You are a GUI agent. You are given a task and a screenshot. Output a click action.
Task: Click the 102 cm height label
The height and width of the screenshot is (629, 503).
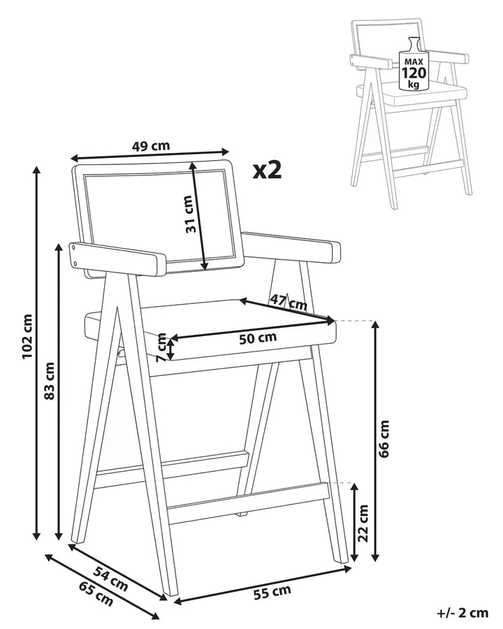tap(27, 337)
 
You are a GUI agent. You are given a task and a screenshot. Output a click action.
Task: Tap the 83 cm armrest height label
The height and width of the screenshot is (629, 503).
tap(49, 381)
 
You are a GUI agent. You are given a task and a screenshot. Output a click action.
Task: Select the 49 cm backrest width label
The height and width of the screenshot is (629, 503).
tap(151, 145)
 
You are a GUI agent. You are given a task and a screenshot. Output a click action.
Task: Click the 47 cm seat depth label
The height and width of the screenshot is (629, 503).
tap(289, 302)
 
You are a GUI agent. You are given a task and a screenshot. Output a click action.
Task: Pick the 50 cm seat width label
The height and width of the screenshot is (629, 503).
tap(258, 338)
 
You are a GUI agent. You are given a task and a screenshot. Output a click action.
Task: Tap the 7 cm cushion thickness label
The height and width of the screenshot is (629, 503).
tap(161, 347)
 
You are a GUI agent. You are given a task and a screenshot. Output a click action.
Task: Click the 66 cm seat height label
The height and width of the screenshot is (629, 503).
tap(384, 439)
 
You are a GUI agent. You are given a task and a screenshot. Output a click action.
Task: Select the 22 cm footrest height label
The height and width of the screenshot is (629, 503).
tap(363, 523)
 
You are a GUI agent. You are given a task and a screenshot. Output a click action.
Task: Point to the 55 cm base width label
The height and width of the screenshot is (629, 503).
tap(272, 592)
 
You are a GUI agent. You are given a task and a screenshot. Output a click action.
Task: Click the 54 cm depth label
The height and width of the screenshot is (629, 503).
tap(111, 579)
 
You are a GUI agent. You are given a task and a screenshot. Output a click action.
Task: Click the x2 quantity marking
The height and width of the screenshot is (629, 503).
tap(267, 170)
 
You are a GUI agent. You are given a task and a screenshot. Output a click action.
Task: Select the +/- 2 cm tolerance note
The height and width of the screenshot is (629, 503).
tap(462, 613)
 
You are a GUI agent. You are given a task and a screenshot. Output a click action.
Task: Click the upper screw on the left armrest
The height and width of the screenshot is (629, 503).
tap(75, 248)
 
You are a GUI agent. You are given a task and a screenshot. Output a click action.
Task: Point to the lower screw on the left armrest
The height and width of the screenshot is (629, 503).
tap(76, 263)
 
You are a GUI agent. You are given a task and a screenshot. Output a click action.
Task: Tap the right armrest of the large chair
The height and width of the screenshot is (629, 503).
tap(291, 247)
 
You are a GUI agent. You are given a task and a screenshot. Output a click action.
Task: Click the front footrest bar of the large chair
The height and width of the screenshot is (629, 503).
tap(249, 503)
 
